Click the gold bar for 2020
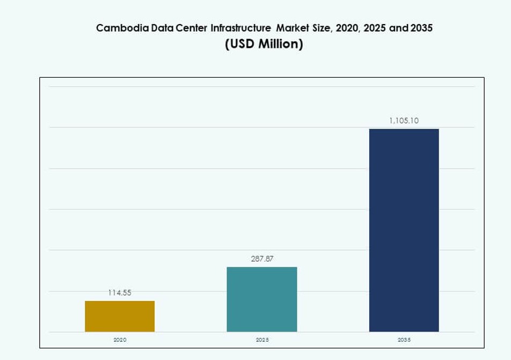coord(120,316)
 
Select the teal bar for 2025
coord(262,299)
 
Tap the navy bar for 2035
coord(404,230)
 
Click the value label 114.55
coord(120,292)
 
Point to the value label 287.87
coord(262,259)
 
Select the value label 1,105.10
coord(404,121)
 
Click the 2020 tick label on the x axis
coord(120,340)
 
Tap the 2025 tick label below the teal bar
coord(262,340)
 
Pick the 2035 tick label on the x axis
coord(404,340)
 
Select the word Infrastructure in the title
coord(240,28)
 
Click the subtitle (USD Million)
coord(264,45)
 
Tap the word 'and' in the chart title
coord(399,28)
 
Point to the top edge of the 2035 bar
coord(404,129)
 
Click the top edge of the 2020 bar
coord(120,301)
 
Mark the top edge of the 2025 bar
coord(262,267)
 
